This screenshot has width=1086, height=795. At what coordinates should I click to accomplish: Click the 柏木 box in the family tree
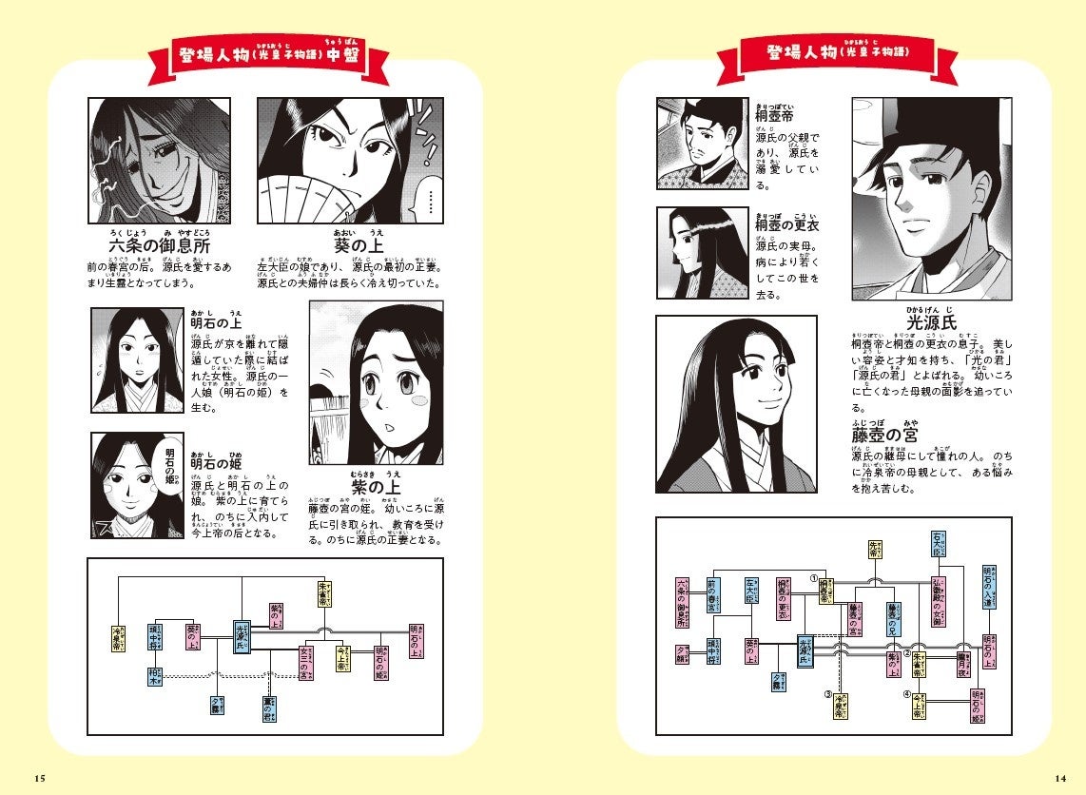pyautogui.click(x=155, y=676)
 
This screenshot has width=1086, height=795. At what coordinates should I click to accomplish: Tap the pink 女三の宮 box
pyautogui.click(x=306, y=662)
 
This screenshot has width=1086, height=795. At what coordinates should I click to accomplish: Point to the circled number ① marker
pyautogui.click(x=814, y=577)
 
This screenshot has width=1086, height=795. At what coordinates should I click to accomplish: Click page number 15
pyautogui.click(x=39, y=778)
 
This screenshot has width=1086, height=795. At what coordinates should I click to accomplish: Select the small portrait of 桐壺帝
pyautogui.click(x=701, y=144)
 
